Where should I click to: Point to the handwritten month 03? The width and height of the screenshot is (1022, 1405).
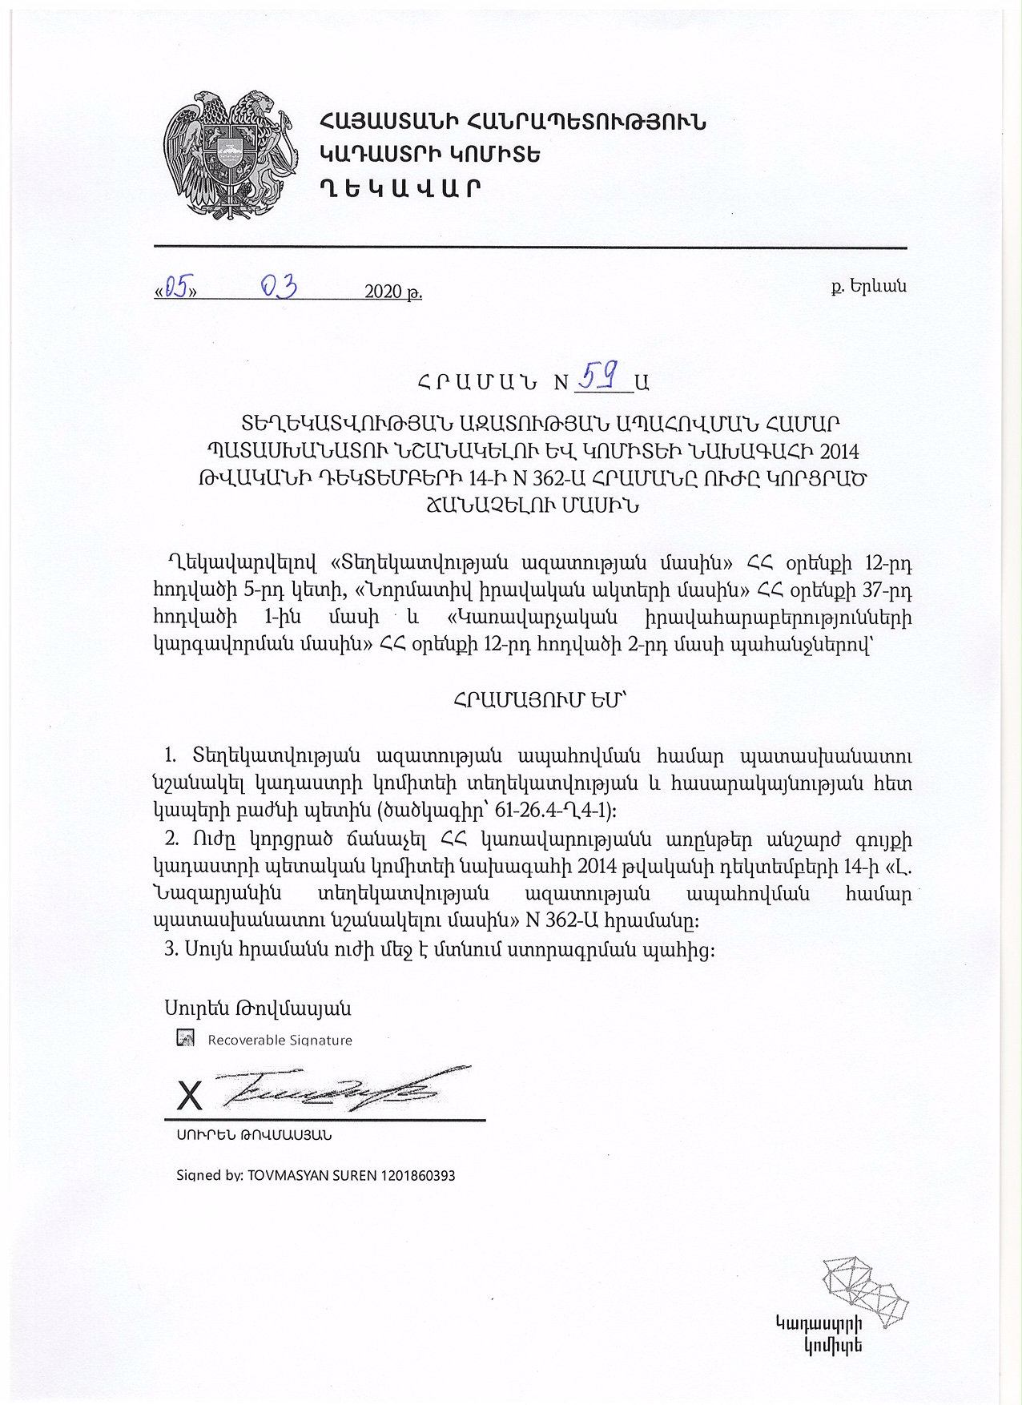pyautogui.click(x=280, y=286)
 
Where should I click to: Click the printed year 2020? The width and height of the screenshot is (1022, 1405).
pyautogui.click(x=383, y=292)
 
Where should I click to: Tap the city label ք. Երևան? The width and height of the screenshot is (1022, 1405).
pyautogui.click(x=868, y=285)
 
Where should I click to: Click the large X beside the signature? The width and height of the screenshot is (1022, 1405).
pyautogui.click(x=189, y=1095)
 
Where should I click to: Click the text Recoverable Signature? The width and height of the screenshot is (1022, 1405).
pyautogui.click(x=280, y=1040)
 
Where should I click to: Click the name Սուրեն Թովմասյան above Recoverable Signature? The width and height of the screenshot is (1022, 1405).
pyautogui.click(x=258, y=1008)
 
